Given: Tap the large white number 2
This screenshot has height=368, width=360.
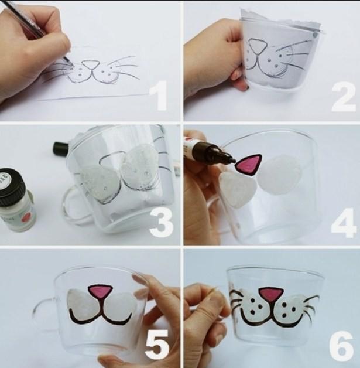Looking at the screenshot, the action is [344, 98].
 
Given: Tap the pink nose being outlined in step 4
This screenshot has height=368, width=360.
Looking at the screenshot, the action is [249, 164].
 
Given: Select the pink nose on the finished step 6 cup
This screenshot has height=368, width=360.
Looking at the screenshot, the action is [271, 295].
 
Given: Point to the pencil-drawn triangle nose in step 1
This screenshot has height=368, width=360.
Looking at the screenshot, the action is [91, 64].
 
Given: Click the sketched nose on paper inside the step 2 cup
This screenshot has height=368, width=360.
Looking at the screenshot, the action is [257, 46].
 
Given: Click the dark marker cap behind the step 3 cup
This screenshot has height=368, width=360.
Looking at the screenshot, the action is [60, 148].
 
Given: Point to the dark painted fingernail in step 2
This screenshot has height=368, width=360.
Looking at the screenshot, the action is [247, 87].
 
